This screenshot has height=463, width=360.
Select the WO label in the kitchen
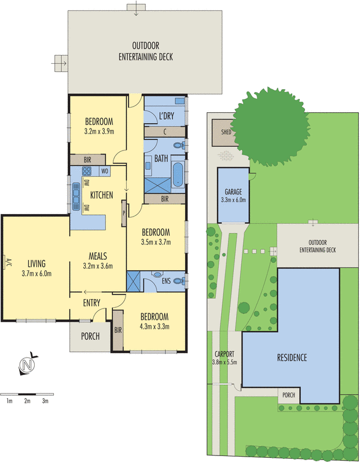coord(105,171)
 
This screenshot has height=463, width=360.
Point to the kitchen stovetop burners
coord(88,171)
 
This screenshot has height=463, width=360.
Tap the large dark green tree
coord(270,127)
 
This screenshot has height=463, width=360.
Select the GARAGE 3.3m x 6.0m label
coord(234,196)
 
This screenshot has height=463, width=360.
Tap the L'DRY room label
coord(167,116)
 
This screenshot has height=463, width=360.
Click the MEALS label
coord(98,256)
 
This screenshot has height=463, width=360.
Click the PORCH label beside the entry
coord(90,336)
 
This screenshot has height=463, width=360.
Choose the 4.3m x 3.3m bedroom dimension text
coord(154,327)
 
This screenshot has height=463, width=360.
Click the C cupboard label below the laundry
coord(165,132)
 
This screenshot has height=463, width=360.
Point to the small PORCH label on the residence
coord(288,396)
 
